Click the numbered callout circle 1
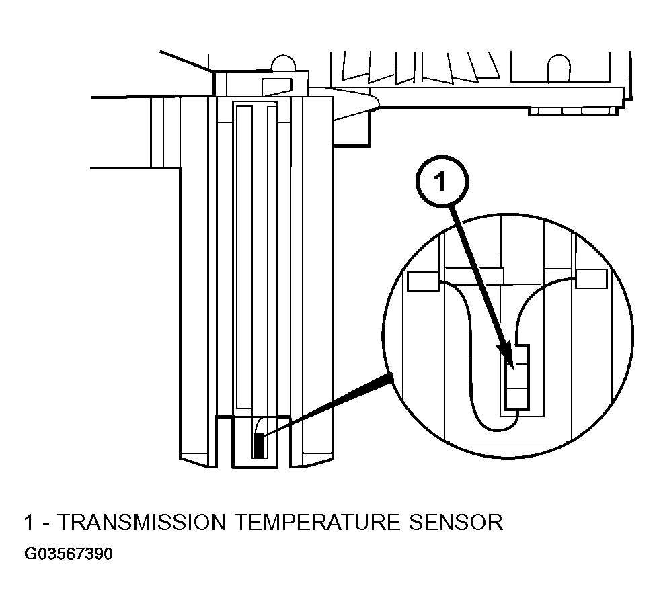pos(441,181)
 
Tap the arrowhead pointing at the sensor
pos(506,356)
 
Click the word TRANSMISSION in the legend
pos(141,522)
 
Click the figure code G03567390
pos(69,554)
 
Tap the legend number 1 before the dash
pos(28,522)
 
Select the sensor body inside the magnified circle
pos(517,377)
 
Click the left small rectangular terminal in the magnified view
pos(424,281)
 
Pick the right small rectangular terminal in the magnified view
pos(591,279)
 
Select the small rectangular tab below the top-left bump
pos(277,87)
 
